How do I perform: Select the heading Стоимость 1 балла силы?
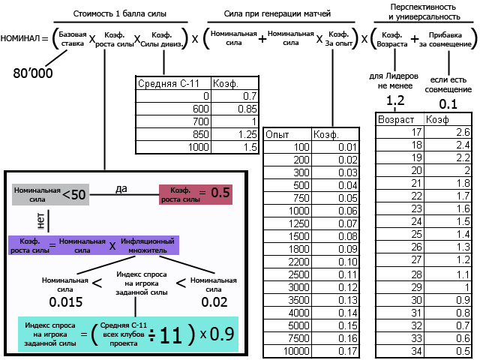tap(121, 13)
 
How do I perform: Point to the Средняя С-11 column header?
tap(166, 83)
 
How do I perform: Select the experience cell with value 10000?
tap(282, 350)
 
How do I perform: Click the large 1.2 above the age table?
tap(394, 101)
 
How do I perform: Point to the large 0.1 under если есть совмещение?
tap(448, 103)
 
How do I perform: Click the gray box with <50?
tap(51, 195)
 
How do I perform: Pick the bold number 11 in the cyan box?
tap(171, 335)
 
